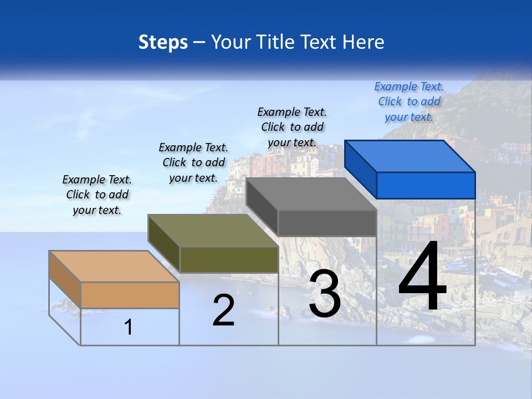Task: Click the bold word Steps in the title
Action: coord(163,42)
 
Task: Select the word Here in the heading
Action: coord(364,42)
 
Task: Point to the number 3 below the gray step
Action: coord(325,294)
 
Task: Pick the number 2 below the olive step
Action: coord(223,310)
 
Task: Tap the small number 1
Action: coord(129,327)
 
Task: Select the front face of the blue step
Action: coord(426,185)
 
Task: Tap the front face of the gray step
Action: coord(327,223)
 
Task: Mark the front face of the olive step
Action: coord(229,259)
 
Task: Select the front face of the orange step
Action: coord(130,295)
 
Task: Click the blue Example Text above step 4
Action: coord(409,101)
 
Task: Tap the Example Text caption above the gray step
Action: coord(292,127)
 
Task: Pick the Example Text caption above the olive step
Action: coord(193,162)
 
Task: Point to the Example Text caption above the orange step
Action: coord(97,195)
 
